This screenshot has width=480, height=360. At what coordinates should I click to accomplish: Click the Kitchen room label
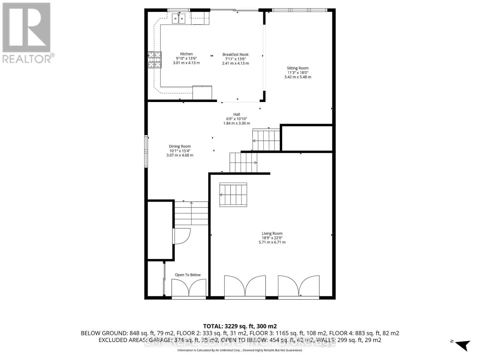coord(186,54)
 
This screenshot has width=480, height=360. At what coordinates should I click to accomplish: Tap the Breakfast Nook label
coord(235,55)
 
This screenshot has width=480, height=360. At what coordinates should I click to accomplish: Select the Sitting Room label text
coord(298,68)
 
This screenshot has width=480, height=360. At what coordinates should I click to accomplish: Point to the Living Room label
coord(272,233)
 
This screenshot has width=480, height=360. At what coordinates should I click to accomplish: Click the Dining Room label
coord(180,146)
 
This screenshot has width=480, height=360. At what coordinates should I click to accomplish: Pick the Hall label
coord(237,114)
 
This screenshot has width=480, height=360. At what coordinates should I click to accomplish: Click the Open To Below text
coord(188,275)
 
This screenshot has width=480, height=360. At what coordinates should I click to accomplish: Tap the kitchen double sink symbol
coord(178,19)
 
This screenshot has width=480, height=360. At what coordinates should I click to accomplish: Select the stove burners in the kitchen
coord(154,60)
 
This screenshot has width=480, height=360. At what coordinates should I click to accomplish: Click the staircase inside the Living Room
coord(233,195)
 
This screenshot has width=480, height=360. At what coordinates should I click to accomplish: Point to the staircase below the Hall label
coord(266,140)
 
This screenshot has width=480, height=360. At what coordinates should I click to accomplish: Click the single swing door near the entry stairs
coord(181,236)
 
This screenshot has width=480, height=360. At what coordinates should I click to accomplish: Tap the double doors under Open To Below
coord(189,288)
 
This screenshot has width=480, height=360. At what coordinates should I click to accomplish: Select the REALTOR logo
coord(27,33)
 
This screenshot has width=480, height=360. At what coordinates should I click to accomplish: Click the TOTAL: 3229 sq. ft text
coord(240,326)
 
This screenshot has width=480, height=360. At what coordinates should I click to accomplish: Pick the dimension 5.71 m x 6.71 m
coord(272,242)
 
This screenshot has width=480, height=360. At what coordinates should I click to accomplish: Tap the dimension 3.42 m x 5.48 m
coord(298,77)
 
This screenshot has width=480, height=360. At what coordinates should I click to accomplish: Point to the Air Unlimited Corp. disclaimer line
coord(240,350)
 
